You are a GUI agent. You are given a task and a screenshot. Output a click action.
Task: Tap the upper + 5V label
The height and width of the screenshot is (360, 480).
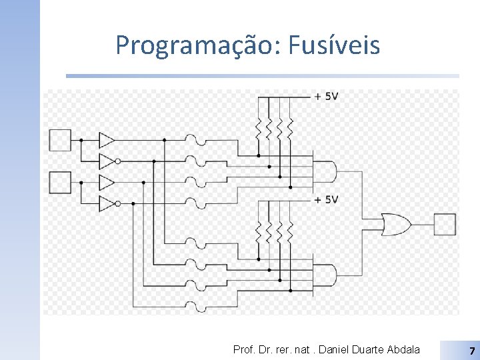(x=327, y=97)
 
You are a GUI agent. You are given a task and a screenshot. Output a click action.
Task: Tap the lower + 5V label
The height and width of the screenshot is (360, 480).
(x=327, y=199)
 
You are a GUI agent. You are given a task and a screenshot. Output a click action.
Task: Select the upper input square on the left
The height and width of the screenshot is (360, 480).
(x=60, y=140)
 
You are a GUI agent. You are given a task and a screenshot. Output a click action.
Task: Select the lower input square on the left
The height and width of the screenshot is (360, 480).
(x=60, y=182)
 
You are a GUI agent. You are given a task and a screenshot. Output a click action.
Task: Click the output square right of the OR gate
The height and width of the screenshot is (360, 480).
(x=445, y=225)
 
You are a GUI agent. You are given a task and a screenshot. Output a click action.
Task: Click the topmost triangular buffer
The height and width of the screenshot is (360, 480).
(x=107, y=140)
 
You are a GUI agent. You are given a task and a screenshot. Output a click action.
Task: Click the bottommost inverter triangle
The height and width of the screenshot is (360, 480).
(x=107, y=203)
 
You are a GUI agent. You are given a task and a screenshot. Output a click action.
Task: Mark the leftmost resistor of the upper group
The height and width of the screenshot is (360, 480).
(x=259, y=127)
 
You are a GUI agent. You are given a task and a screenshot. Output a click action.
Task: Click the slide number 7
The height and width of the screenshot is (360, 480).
(x=471, y=350)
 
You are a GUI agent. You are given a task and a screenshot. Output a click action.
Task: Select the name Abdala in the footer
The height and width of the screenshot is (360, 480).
(x=403, y=349)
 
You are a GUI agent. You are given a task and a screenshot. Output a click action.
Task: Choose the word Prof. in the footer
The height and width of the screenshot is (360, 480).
(x=243, y=349)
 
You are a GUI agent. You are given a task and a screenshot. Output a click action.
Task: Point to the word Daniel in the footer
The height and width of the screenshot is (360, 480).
(x=333, y=349)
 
